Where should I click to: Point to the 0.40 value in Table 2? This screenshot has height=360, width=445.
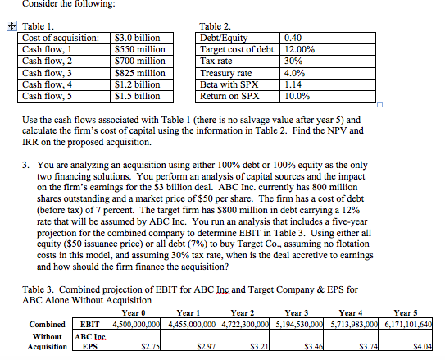click(x=293, y=38)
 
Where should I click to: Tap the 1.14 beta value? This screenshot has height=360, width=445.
click(x=291, y=84)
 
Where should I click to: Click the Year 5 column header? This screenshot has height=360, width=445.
click(x=407, y=312)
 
